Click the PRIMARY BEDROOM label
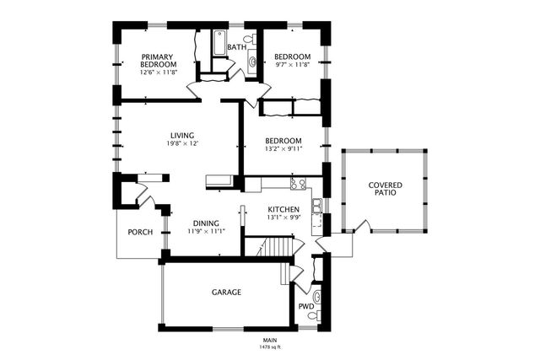[159, 61]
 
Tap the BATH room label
[236, 48]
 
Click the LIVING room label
[182, 135]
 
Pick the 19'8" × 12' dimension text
[182, 143]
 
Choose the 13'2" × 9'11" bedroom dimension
[283, 149]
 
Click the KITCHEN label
[283, 209]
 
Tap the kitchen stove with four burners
[297, 184]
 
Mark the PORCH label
[140, 232]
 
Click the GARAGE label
[226, 293]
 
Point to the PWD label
[305, 306]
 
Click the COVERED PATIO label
[385, 189]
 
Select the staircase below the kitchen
[272, 248]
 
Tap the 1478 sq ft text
[269, 347]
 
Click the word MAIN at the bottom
[269, 340]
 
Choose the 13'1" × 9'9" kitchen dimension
[283, 218]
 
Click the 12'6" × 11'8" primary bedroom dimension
[159, 73]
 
